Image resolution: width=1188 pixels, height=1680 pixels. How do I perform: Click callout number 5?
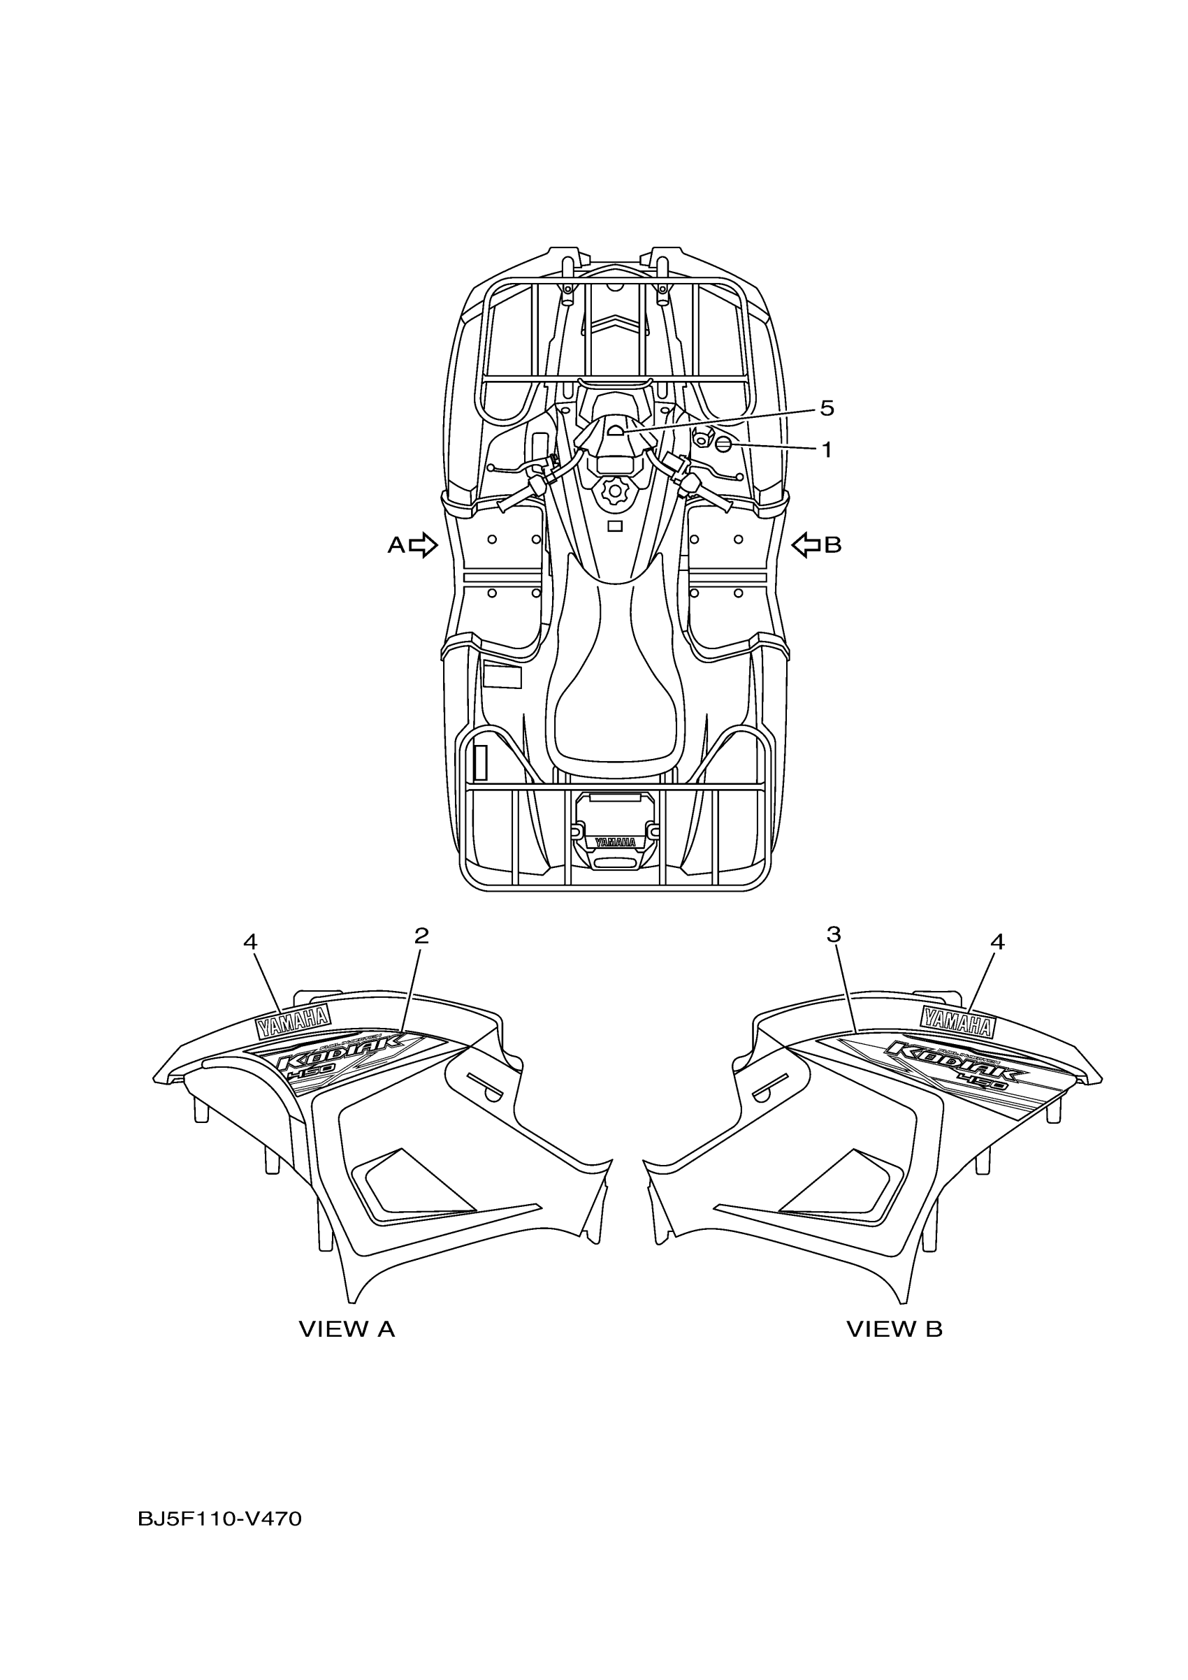(827, 408)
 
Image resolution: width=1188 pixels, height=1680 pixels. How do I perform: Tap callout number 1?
(827, 450)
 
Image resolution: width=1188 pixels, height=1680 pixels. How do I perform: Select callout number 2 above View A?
(421, 935)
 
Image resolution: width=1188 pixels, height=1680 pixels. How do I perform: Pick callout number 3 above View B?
(834, 934)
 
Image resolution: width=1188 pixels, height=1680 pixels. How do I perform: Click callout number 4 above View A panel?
(250, 943)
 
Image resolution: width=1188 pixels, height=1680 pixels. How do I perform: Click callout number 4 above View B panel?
(997, 943)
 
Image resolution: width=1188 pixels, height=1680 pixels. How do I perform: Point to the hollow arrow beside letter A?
(423, 545)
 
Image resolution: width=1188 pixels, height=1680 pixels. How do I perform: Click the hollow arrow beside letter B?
(806, 545)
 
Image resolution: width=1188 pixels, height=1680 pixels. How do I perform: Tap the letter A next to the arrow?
(396, 545)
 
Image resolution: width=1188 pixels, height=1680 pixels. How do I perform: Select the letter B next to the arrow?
(833, 545)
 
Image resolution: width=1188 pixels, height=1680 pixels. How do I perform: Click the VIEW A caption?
(347, 1328)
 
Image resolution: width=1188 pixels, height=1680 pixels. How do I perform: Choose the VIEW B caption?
(894, 1328)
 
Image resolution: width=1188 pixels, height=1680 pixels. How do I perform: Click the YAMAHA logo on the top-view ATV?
(614, 842)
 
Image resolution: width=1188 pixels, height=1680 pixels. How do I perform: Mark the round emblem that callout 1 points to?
(723, 446)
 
